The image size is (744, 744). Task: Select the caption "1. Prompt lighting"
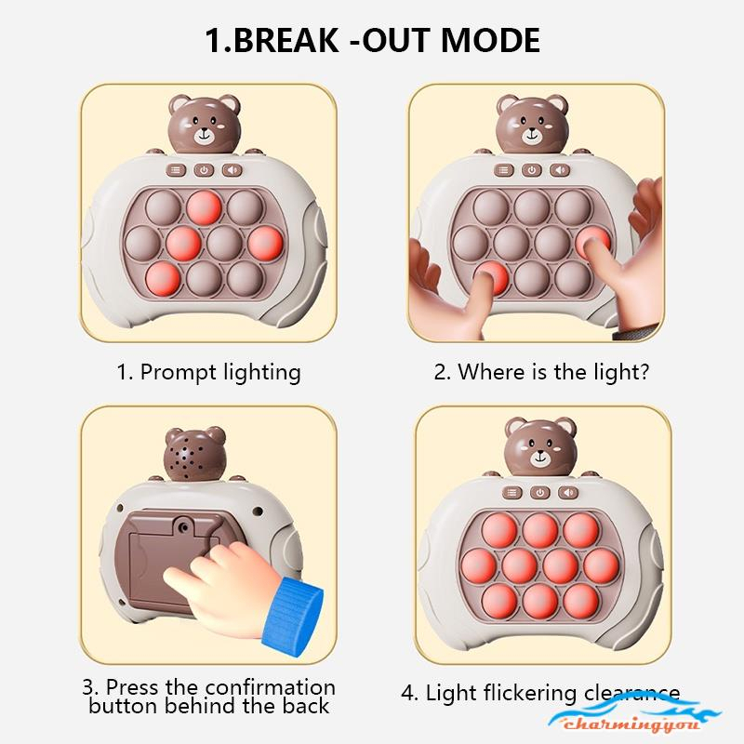[208, 373]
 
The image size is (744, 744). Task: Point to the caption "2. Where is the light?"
[541, 373]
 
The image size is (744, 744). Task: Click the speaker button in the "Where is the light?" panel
[560, 170]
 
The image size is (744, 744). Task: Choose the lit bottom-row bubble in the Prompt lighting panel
[165, 277]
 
